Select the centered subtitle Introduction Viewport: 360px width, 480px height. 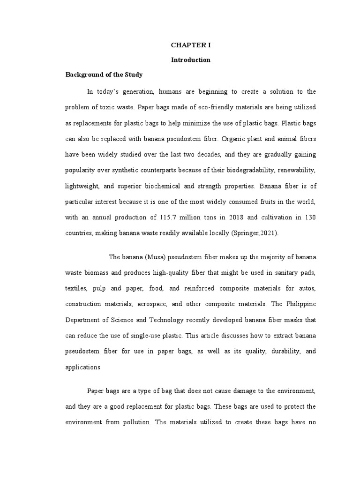point(190,60)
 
